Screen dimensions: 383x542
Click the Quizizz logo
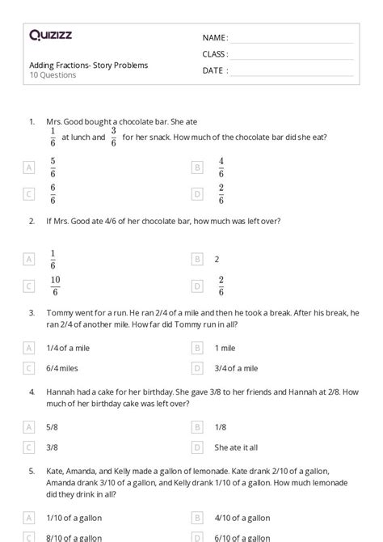51,35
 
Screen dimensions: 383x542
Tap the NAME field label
215,38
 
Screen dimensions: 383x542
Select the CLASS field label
215,54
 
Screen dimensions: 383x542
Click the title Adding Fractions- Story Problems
88,65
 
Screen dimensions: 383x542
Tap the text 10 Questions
53,75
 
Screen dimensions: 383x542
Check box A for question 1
30,167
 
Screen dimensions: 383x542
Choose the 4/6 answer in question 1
221,167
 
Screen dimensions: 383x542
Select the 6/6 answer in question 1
53,193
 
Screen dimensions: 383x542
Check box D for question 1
196,193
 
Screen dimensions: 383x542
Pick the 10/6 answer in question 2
55,286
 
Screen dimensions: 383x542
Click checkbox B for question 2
196,259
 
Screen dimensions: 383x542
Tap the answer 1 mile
225,348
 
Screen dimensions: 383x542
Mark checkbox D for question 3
196,367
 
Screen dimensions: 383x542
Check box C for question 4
30,446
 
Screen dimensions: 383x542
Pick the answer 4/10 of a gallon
242,517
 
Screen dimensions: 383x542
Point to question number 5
32,469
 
